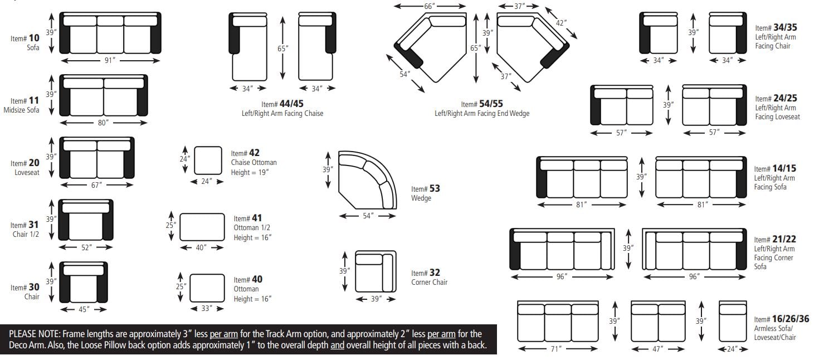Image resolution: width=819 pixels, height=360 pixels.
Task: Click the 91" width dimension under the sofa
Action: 110,60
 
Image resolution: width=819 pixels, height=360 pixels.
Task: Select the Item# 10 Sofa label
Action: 25,42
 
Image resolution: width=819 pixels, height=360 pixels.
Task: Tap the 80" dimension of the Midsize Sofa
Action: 103,123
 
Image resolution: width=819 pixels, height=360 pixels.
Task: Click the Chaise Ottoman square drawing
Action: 208,160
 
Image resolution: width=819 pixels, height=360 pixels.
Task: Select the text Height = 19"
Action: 250,172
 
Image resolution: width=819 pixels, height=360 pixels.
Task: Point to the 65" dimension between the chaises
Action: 282,48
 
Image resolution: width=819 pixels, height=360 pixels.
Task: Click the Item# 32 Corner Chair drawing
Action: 375,270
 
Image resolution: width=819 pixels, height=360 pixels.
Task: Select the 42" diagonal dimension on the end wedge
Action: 561,23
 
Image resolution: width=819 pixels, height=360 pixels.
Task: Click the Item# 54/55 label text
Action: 481,104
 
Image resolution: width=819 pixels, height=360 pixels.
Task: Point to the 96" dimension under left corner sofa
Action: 562,276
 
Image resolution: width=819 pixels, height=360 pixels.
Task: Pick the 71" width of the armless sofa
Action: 556,349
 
